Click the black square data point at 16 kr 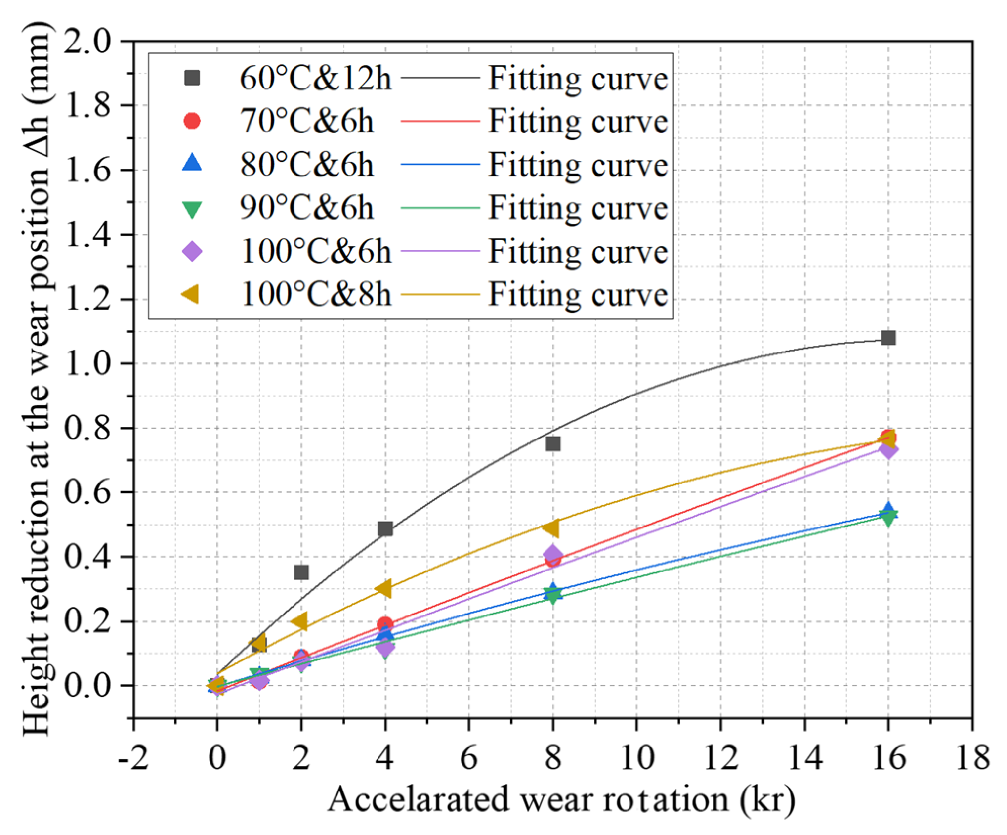pos(888,338)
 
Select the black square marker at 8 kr pos(553,443)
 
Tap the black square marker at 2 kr pos(301,572)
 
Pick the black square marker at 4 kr pos(385,529)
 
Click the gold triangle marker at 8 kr pos(551,528)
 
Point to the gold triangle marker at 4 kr pos(383,589)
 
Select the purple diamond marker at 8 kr pos(552,555)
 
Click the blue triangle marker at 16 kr pos(888,510)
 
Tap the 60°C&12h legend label pos(315,78)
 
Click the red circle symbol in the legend pos(192,121)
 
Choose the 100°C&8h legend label pos(315,295)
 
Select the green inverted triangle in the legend pos(192,209)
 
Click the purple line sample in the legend pos(440,251)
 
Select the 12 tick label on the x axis pos(721,757)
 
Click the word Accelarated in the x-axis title pos(418,800)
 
